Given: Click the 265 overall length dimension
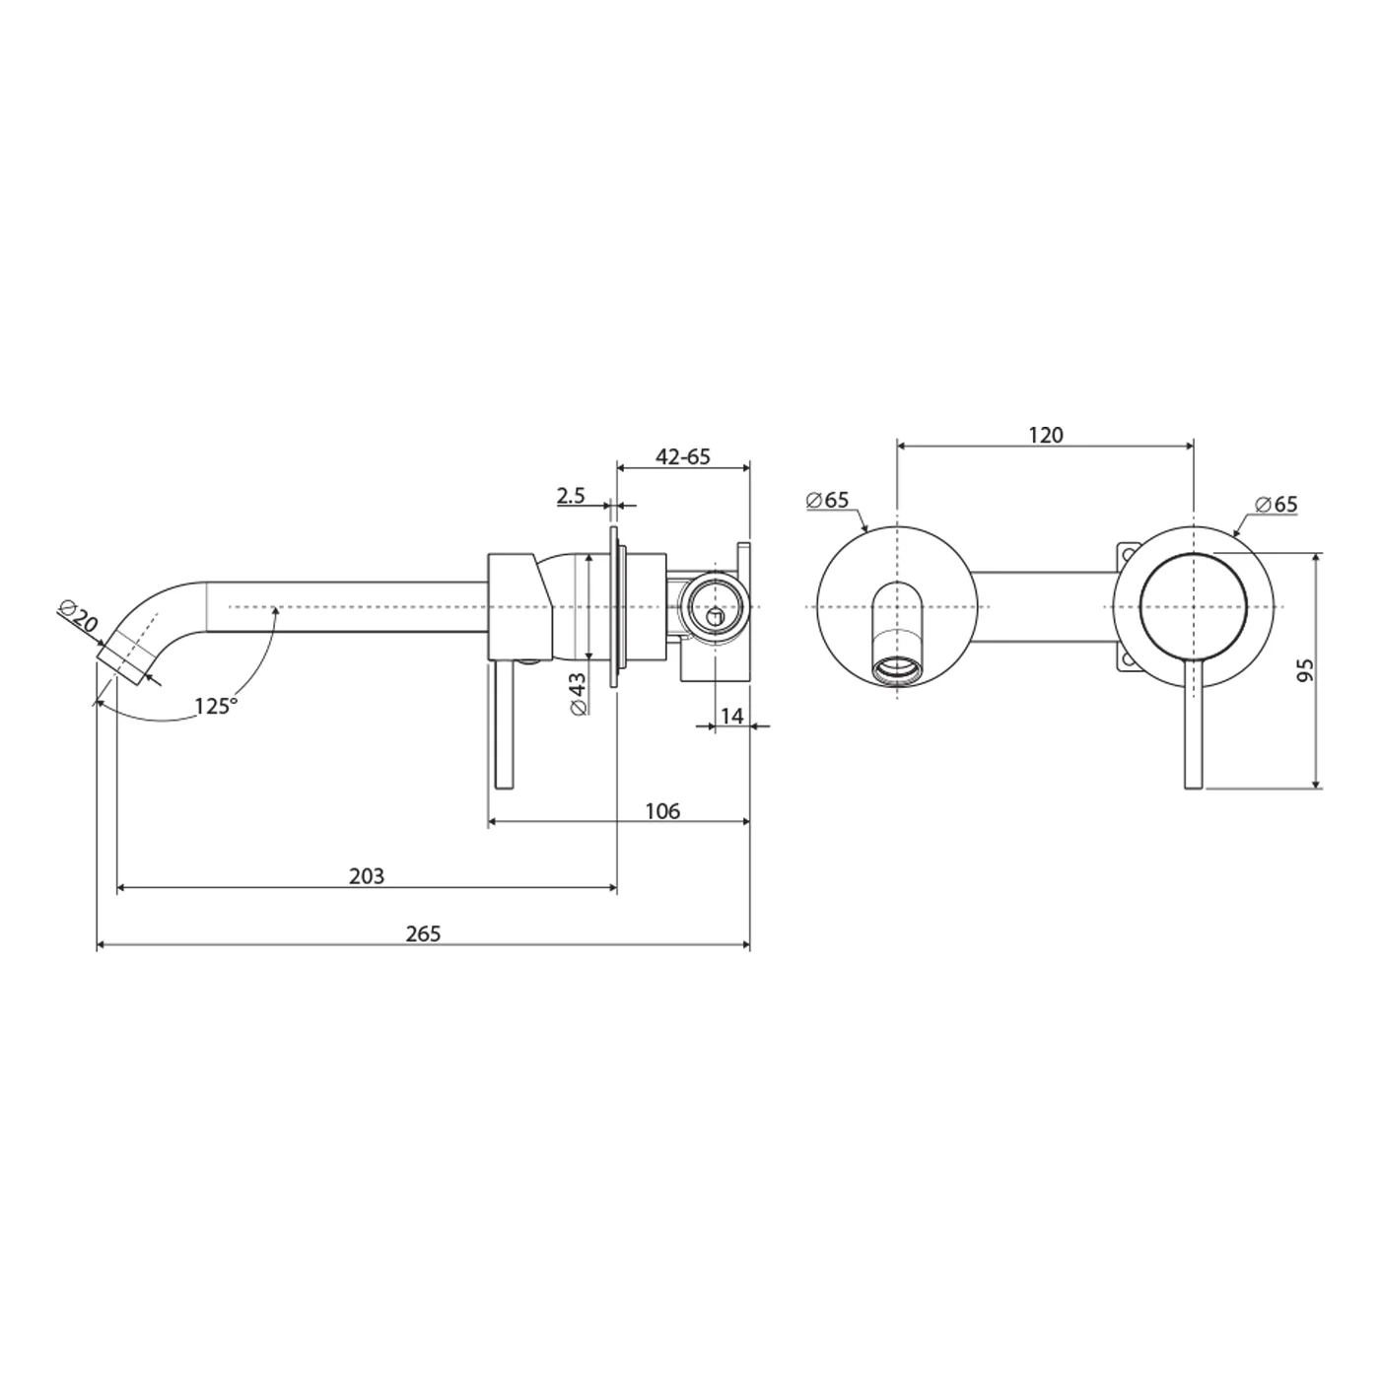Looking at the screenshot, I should tap(423, 933).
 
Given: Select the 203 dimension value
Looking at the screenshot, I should tap(367, 875).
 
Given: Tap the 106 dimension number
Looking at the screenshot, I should tap(662, 811).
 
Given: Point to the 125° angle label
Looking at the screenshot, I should tap(215, 706).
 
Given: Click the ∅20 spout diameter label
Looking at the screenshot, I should tap(81, 619).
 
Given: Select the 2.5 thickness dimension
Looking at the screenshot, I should tap(572, 495).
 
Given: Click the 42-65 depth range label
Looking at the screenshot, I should tap(683, 457).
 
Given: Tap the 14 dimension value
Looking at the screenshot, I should tap(731, 717).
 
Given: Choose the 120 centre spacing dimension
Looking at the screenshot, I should tap(1046, 435).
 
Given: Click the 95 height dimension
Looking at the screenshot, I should tap(1305, 671).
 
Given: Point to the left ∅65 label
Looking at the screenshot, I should tap(827, 500).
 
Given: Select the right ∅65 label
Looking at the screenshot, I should tap(1276, 505).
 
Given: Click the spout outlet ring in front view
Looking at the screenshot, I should tap(898, 669).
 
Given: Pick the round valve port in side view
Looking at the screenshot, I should tap(713, 602).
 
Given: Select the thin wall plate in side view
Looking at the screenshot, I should tap(616, 606).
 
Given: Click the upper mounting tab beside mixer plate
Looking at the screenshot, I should tap(1126, 554).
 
